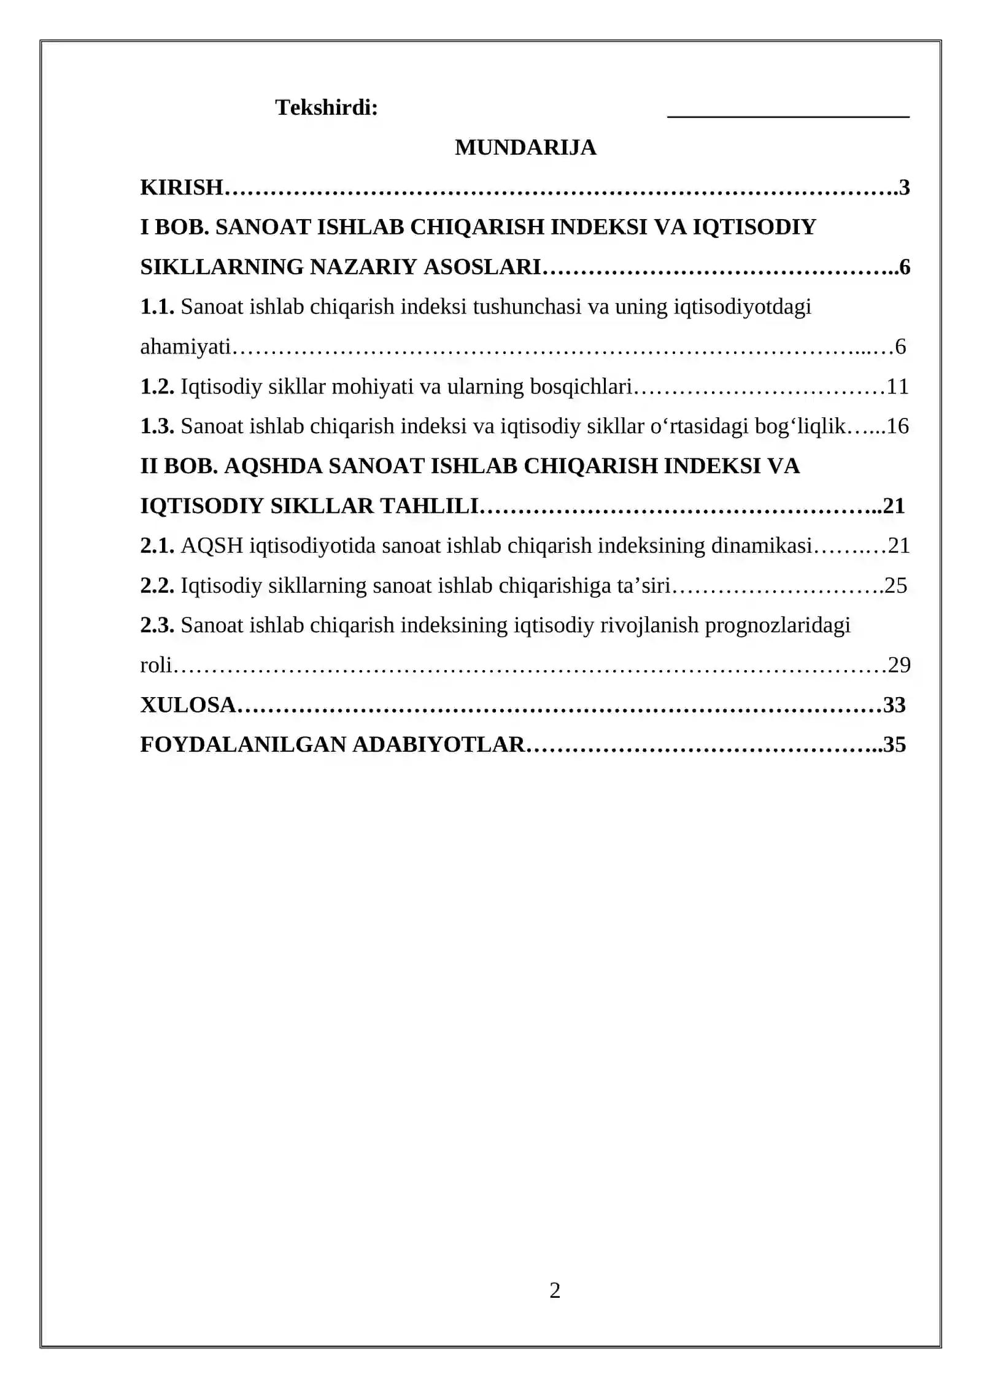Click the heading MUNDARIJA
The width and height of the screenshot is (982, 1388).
pyautogui.click(x=525, y=148)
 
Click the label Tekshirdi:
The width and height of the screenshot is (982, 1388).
pyautogui.click(x=327, y=108)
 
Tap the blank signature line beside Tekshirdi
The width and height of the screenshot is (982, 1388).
pyautogui.click(x=788, y=114)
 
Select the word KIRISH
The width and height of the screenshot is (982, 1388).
pyautogui.click(x=181, y=188)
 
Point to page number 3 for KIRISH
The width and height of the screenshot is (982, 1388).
pyautogui.click(x=904, y=188)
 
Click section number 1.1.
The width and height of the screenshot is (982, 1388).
pyautogui.click(x=157, y=307)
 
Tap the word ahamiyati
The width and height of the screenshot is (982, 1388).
pyautogui.click(x=185, y=347)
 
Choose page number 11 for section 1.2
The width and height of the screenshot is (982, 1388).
pyautogui.click(x=897, y=387)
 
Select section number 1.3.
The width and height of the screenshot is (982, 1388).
pyautogui.click(x=157, y=426)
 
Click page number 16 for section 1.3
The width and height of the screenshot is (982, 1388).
pyautogui.click(x=897, y=426)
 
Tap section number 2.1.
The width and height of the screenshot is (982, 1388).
pyautogui.click(x=157, y=546)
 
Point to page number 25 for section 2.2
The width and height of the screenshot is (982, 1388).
pyautogui.click(x=895, y=586)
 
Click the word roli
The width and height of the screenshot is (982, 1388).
pyautogui.click(x=156, y=665)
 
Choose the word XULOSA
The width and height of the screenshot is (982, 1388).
pyautogui.click(x=188, y=705)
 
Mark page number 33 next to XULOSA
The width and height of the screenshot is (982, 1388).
pyautogui.click(x=894, y=705)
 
